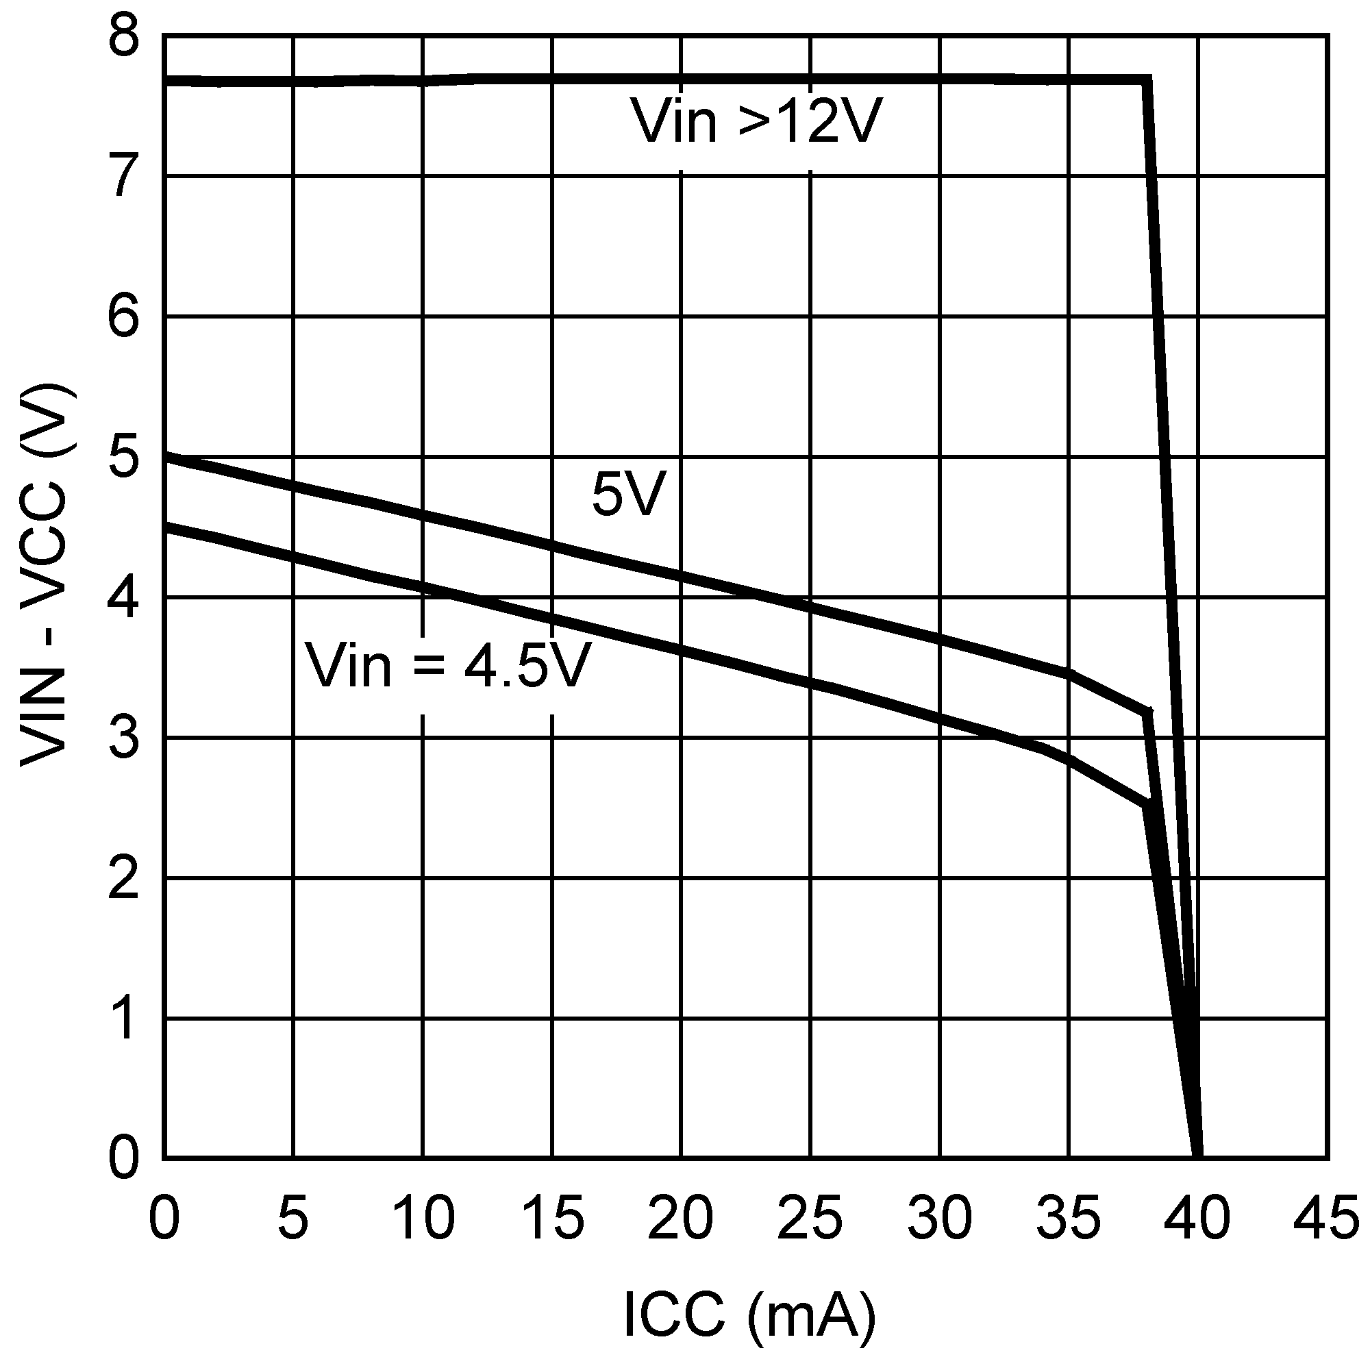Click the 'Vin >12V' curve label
(x=758, y=121)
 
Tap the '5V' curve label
(x=629, y=495)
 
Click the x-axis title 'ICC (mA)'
(x=749, y=1314)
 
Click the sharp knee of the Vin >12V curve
(x=1147, y=79)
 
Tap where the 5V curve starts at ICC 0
(x=164, y=457)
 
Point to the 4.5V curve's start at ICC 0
(x=164, y=527)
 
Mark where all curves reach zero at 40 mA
(x=1197, y=1157)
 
